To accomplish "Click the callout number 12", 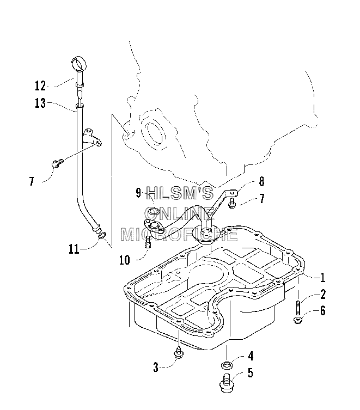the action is pyautogui.click(x=40, y=86).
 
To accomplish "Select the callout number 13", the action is pyautogui.click(x=40, y=103).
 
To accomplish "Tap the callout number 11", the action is pyautogui.click(x=74, y=249).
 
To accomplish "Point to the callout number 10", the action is pyautogui.click(x=125, y=260).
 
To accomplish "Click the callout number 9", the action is pyautogui.click(x=139, y=193).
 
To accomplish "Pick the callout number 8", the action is pyautogui.click(x=261, y=181).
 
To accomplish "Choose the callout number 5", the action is pyautogui.click(x=251, y=373).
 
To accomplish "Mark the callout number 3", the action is pyautogui.click(x=156, y=368).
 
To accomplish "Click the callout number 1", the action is pyautogui.click(x=322, y=278).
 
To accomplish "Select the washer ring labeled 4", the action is pyautogui.click(x=226, y=365).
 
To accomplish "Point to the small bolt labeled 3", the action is pyautogui.click(x=179, y=353).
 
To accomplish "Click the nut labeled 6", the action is pyautogui.click(x=298, y=320).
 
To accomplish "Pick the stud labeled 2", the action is pyautogui.click(x=298, y=307).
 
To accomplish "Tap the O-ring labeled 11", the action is pyautogui.click(x=102, y=235).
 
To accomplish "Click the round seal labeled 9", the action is pyautogui.click(x=153, y=211).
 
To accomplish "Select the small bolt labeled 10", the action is pyautogui.click(x=147, y=242).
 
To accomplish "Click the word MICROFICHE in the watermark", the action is pyautogui.click(x=180, y=234).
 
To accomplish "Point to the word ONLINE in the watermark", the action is pyautogui.click(x=180, y=213).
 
